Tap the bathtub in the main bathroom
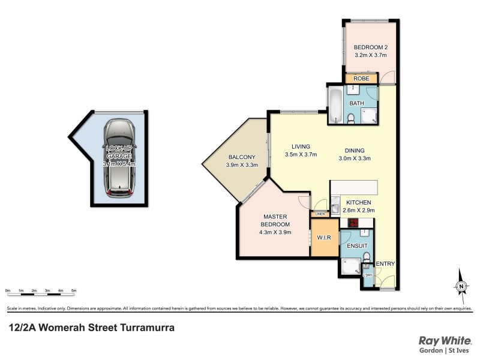click(x=335, y=106)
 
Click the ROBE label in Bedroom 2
click(x=361, y=79)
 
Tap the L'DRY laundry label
click(x=368, y=275)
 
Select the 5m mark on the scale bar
click(x=74, y=290)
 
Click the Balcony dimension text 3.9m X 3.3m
click(x=242, y=165)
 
